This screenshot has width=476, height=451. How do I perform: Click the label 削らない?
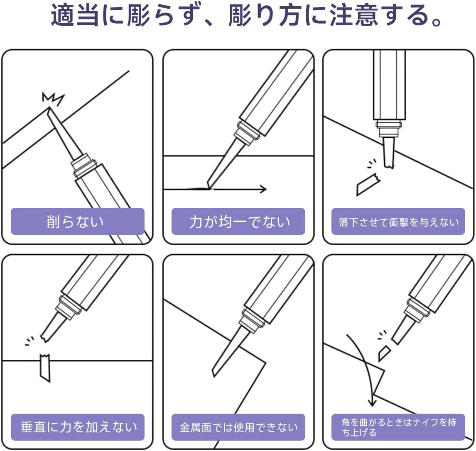tap(75, 222)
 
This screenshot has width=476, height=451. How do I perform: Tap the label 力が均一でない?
tap(240, 222)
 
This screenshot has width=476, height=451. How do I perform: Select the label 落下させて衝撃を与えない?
tap(398, 222)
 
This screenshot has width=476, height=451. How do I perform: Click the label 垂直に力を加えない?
tap(79, 427)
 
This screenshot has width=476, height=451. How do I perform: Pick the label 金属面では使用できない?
tap(238, 427)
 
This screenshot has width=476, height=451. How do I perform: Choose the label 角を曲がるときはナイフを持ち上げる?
tap(399, 427)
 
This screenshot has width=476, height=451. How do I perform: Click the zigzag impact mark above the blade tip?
tap(53, 99)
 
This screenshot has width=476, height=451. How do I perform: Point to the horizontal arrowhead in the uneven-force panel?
tap(263, 189)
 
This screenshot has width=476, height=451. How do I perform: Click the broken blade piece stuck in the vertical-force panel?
tap(45, 368)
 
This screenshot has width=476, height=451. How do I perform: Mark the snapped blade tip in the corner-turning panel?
tap(384, 353)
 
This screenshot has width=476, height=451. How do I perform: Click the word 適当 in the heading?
tap(74, 15)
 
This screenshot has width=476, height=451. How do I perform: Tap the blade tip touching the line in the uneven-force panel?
tap(209, 187)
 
